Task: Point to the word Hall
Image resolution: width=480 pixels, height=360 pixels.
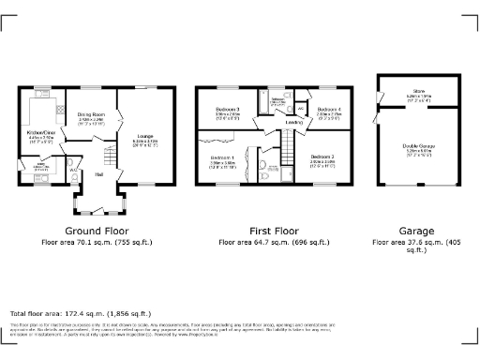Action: click(x=98, y=173)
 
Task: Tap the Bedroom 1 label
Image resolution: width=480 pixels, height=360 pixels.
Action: click(x=222, y=157)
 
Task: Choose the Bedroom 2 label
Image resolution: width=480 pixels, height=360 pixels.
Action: click(x=322, y=156)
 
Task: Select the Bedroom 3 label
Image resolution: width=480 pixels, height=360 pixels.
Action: click(x=228, y=110)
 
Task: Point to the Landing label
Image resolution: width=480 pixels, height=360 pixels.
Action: click(x=293, y=122)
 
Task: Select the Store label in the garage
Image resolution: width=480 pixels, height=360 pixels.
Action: click(x=417, y=91)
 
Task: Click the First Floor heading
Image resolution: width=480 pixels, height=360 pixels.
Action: click(x=274, y=231)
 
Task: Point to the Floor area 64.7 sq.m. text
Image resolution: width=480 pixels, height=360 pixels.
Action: click(x=274, y=242)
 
